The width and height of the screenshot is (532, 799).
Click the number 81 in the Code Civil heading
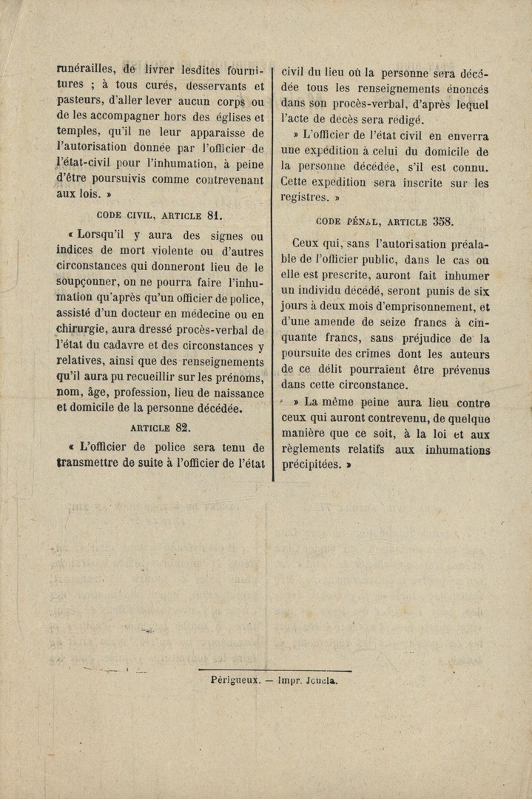click(215, 216)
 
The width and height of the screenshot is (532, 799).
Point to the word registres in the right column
click(303, 198)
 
